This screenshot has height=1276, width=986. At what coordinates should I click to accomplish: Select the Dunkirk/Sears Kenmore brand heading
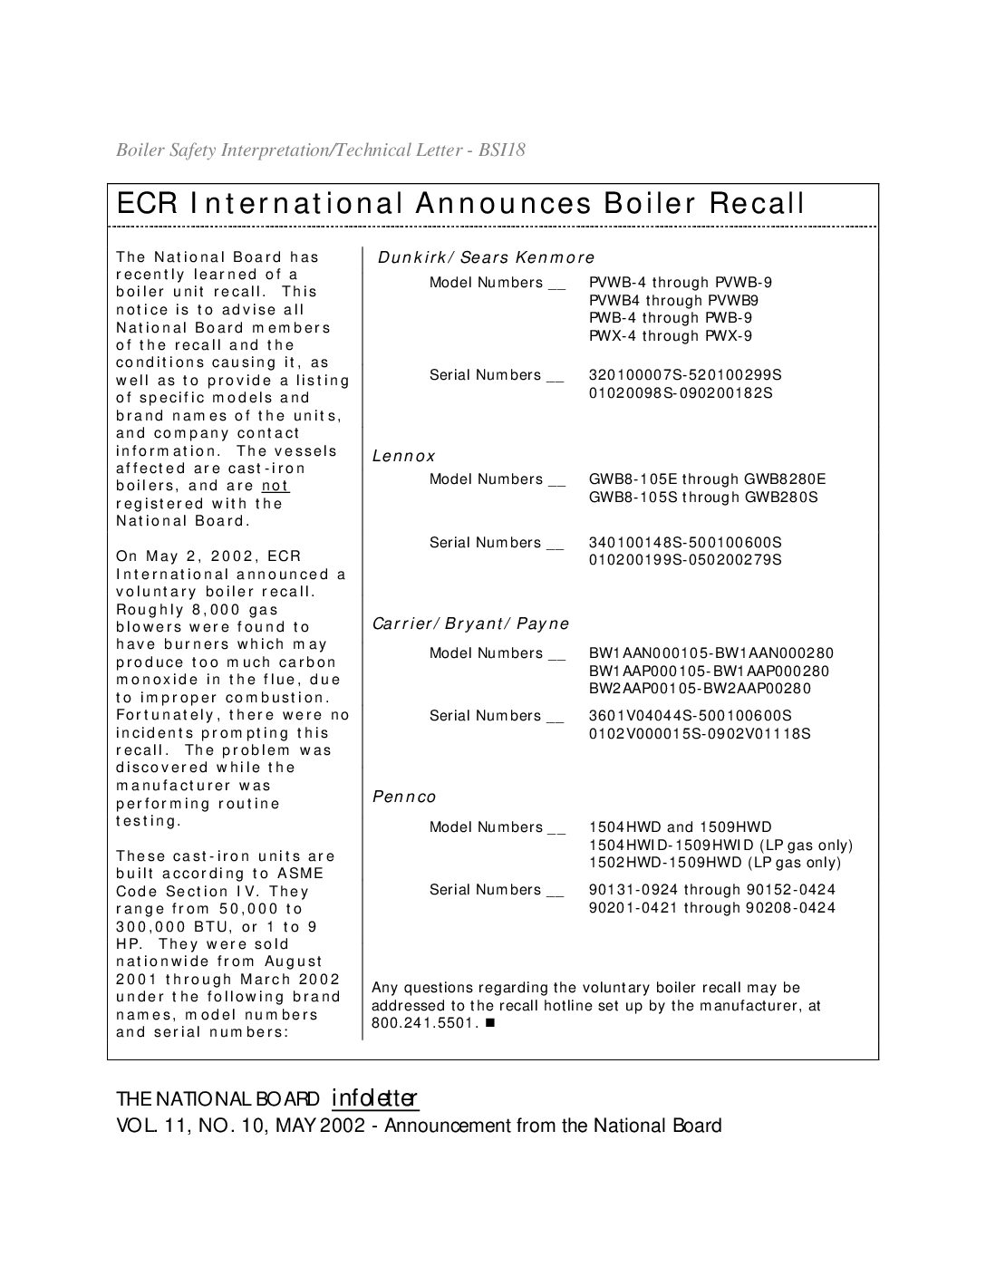tap(486, 257)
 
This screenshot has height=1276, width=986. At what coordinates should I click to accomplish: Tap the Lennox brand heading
tap(404, 456)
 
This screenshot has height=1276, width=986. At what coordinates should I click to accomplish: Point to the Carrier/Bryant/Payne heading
tap(471, 623)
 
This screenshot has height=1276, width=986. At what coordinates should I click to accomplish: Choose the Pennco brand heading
tap(404, 797)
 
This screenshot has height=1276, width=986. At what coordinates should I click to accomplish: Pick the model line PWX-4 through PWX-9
tap(671, 335)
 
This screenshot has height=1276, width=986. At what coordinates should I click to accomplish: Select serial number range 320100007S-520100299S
tap(685, 374)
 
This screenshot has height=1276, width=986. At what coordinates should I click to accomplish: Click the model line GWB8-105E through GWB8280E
tap(708, 478)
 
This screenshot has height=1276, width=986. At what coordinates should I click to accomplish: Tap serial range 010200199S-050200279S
tap(685, 559)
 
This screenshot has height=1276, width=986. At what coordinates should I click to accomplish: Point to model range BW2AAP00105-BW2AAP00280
tap(700, 688)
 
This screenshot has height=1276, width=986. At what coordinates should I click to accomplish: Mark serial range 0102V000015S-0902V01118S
tap(700, 732)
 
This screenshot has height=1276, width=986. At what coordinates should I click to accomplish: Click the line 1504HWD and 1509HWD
tap(681, 826)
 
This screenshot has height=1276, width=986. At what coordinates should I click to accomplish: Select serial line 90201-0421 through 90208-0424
tap(712, 907)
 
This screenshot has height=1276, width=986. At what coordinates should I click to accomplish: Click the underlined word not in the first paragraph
tap(275, 486)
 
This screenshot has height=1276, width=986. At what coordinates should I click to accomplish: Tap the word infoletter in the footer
tap(374, 1098)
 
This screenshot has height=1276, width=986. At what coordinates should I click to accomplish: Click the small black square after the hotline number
tap(490, 1023)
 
